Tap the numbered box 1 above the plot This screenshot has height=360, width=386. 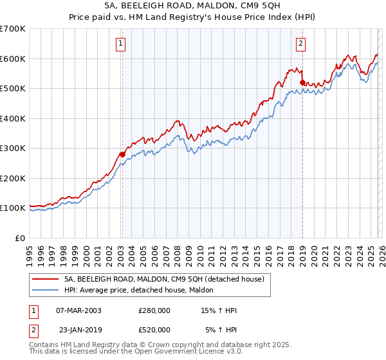(121, 44)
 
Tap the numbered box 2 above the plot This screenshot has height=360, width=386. (300, 44)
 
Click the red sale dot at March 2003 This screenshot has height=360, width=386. (122, 154)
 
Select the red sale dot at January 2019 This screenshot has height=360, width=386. (302, 82)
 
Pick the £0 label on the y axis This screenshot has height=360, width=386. (21, 238)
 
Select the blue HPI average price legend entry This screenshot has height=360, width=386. (142, 291)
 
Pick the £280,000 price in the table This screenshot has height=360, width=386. (154, 310)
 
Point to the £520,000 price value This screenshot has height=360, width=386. (154, 330)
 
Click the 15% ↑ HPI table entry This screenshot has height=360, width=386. (217, 310)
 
